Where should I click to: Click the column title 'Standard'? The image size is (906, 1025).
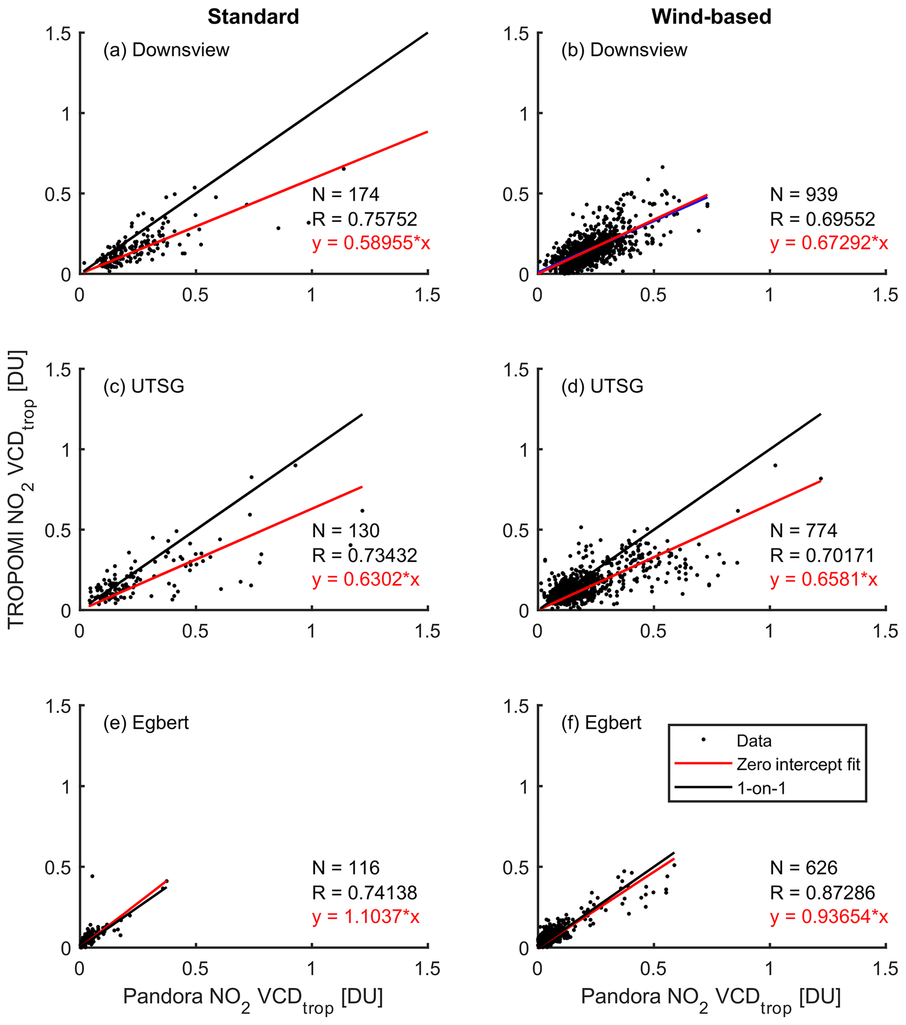coord(253,17)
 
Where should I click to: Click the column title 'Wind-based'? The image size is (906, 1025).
coord(711,17)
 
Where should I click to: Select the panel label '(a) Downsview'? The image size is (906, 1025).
coord(166,50)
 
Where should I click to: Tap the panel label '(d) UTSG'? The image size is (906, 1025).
coord(602,386)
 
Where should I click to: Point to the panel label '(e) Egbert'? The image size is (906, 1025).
coord(146,723)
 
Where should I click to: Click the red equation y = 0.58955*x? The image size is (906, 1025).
coord(371,243)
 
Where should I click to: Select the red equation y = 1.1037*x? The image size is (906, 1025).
coord(366,916)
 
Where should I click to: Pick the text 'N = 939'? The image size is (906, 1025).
coord(804,194)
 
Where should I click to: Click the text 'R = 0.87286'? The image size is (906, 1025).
coord(822,892)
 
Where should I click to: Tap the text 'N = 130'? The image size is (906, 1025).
coord(346,530)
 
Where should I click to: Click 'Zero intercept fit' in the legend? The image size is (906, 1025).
coord(798,764)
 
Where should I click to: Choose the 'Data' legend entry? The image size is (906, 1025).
coord(753,741)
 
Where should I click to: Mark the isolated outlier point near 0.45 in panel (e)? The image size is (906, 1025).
coord(92,876)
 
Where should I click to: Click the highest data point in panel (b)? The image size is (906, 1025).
coord(662,167)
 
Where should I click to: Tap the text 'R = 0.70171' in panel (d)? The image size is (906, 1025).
coord(822,555)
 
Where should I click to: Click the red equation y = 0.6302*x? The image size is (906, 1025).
coord(366,580)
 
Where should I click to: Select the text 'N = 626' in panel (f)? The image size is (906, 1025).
coord(804,868)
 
